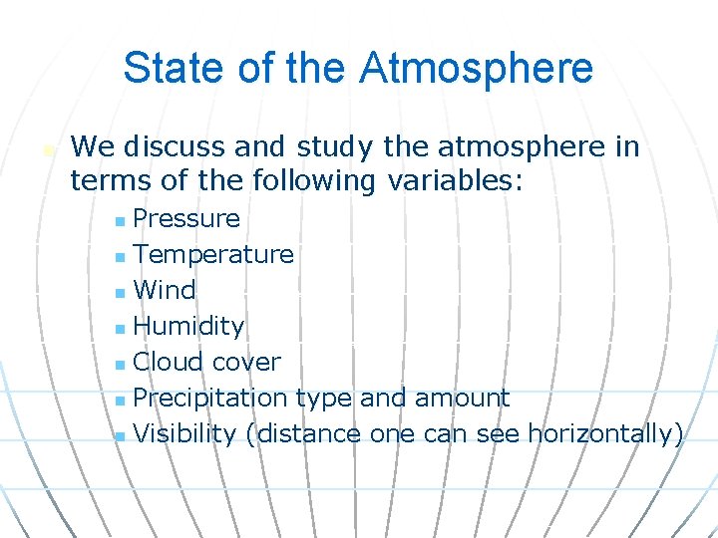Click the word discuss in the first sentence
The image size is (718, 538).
(175, 147)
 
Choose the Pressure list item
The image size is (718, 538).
(186, 218)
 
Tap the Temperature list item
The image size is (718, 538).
(213, 254)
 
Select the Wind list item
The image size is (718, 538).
(165, 290)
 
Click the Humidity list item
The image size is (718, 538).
(188, 326)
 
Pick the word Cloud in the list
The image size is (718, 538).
(162, 362)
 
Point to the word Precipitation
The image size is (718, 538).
(210, 398)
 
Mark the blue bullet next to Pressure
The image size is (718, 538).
(120, 219)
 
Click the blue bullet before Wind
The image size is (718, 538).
(120, 291)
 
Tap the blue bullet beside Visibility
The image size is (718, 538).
(120, 434)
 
